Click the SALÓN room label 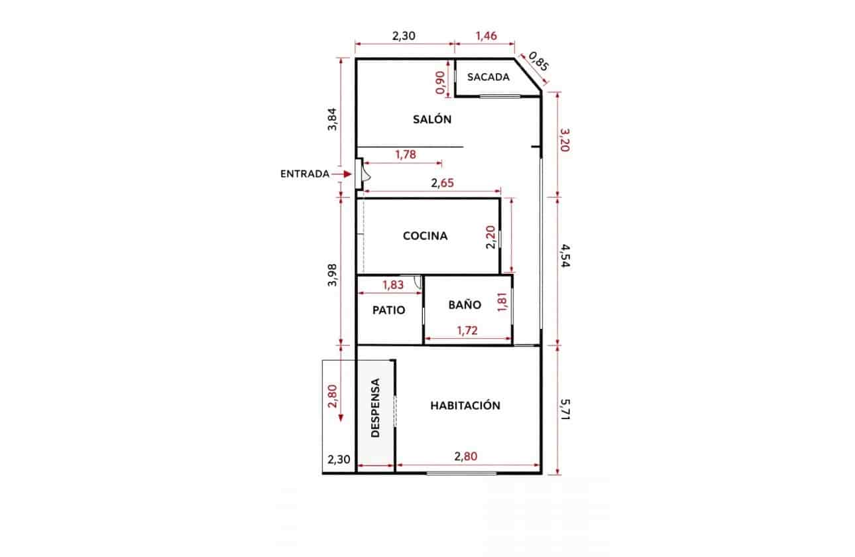[432, 120]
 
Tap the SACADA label [488, 77]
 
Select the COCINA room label [426, 236]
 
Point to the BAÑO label [465, 305]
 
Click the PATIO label [388, 310]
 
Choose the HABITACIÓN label [465, 406]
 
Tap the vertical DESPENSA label [375, 408]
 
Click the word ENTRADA [305, 174]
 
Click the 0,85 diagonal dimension [540, 61]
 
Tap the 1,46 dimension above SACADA [486, 36]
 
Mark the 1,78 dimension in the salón [405, 155]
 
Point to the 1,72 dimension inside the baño [468, 330]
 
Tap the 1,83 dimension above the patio [393, 285]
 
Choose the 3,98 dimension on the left [333, 275]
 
